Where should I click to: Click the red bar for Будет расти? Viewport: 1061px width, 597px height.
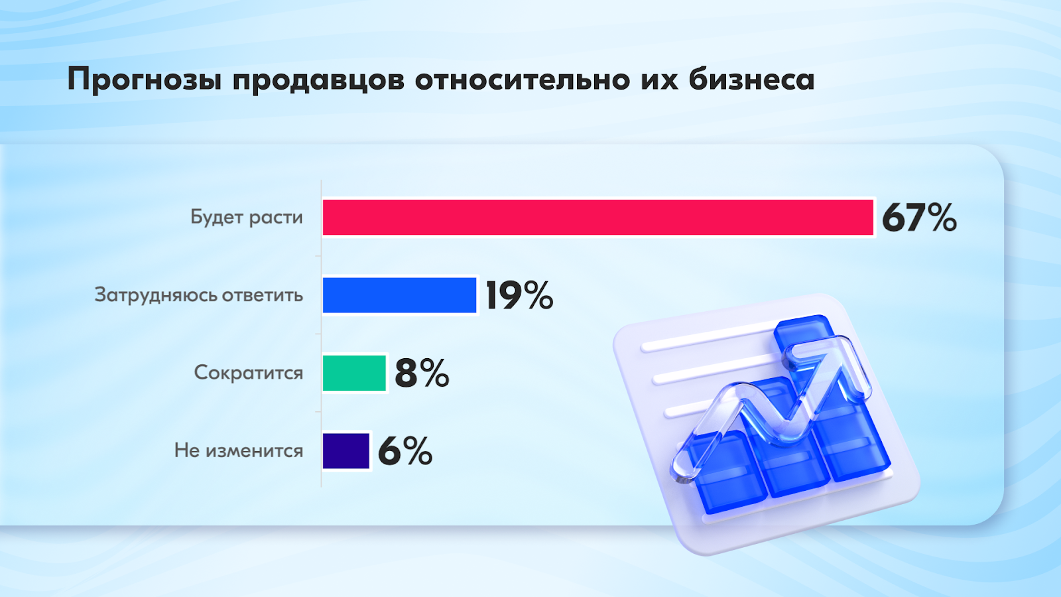pyautogui.click(x=597, y=218)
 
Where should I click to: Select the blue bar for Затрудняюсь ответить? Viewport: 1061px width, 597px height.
pyautogui.click(x=399, y=295)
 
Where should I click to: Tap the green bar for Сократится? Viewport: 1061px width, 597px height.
pyautogui.click(x=354, y=373)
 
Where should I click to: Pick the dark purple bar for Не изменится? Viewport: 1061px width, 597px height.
pyautogui.click(x=345, y=451)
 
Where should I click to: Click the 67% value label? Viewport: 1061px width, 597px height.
pyautogui.click(x=919, y=218)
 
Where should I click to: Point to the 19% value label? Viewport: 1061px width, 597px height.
pyautogui.click(x=520, y=295)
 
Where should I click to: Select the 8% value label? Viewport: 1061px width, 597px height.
pyautogui.click(x=422, y=373)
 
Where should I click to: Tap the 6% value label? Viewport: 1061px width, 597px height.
pyautogui.click(x=405, y=451)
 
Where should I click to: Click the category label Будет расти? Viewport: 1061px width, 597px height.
pyautogui.click(x=246, y=217)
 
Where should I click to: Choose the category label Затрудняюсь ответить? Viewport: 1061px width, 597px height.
pyautogui.click(x=199, y=295)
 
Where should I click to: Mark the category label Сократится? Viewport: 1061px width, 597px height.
pyautogui.click(x=249, y=373)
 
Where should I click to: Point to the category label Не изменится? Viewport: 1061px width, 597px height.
pyautogui.click(x=239, y=450)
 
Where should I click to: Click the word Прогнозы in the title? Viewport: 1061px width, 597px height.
pyautogui.click(x=145, y=80)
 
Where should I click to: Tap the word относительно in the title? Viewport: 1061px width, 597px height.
pyautogui.click(x=523, y=80)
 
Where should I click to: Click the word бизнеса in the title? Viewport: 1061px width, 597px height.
pyautogui.click(x=752, y=79)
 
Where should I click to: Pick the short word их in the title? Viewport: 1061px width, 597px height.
pyautogui.click(x=660, y=80)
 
